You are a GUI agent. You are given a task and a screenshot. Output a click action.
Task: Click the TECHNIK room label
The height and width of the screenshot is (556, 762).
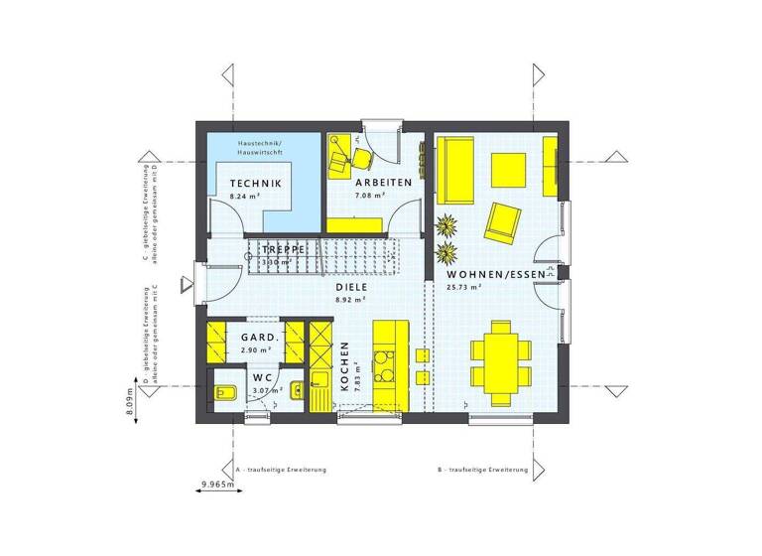pos(255,184)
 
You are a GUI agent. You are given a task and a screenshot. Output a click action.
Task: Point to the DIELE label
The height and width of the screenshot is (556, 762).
pos(351,285)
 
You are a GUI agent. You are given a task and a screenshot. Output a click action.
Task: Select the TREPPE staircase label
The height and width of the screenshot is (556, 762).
pos(282,249)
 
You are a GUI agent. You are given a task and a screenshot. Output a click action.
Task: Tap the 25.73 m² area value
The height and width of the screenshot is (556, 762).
pos(463,287)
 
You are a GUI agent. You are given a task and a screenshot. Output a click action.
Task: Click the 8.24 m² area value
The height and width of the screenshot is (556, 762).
pos(244,198)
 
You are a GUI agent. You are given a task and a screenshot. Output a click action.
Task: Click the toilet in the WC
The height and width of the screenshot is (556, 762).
pos(224,394)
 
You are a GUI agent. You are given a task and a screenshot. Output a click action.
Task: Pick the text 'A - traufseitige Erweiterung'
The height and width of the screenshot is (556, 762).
pos(282,469)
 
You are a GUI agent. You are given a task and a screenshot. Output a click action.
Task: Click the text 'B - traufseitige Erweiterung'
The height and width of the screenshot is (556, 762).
pos(481,469)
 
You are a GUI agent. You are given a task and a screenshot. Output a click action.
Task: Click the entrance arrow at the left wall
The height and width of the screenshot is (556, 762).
pos(184,286)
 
